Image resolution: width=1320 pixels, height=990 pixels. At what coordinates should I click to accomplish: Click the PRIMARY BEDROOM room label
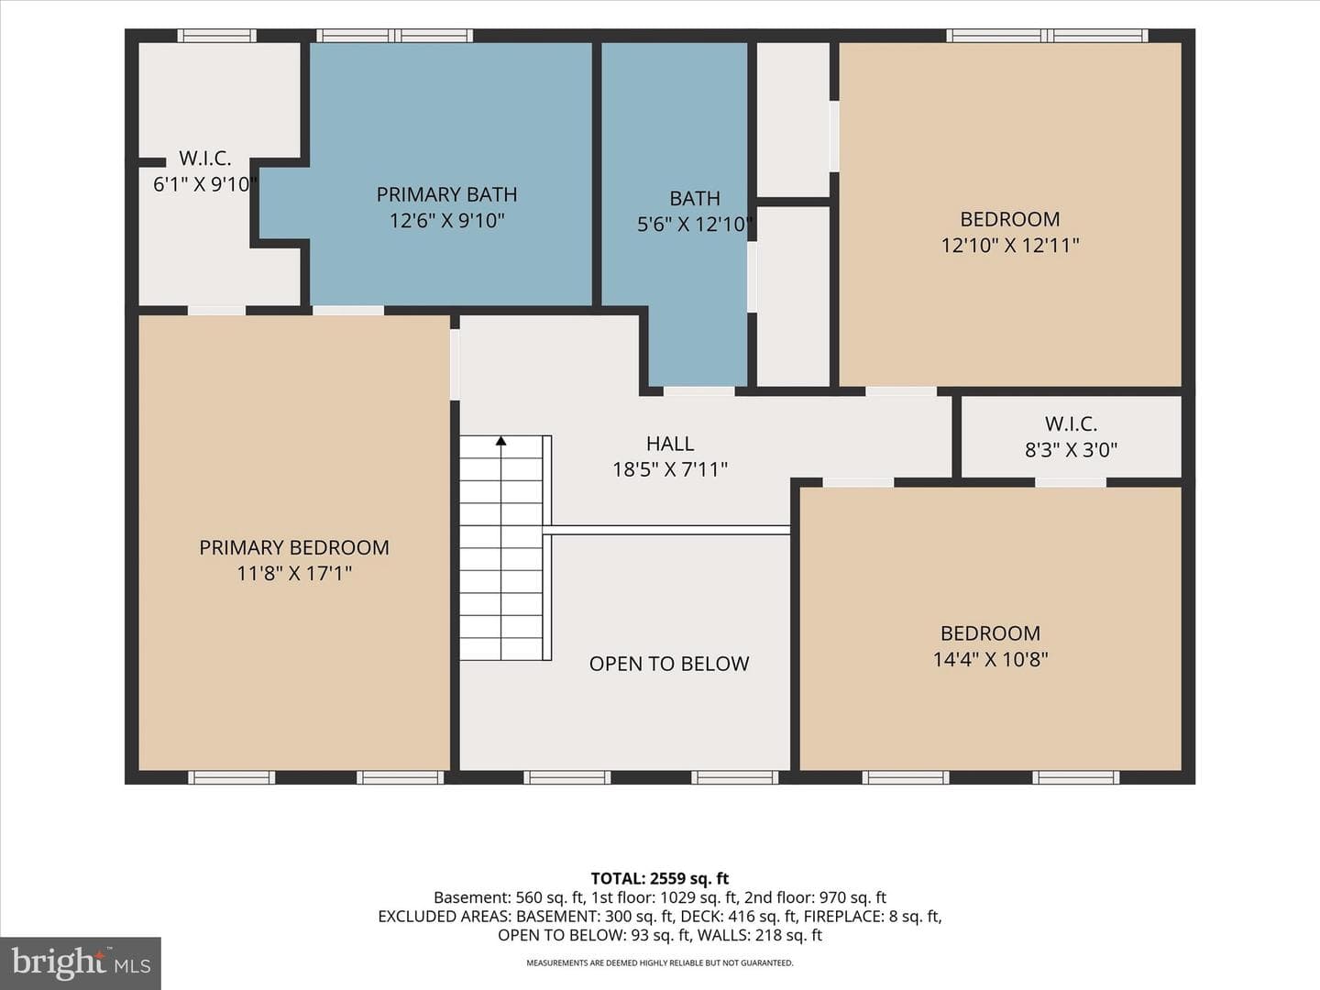coord(294,547)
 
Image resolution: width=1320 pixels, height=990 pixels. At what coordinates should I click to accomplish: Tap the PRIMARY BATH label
coord(446,194)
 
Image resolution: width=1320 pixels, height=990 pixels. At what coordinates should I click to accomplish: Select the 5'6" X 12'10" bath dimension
coord(695,225)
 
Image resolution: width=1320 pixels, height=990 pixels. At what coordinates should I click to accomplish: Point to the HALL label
coord(670,444)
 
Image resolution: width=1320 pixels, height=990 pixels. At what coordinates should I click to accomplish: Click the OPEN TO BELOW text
coord(669,664)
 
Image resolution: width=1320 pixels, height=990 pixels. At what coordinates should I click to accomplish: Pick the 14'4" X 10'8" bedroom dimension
coord(990,659)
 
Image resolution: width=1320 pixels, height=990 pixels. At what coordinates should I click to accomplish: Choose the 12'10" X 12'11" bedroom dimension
coord(1010,246)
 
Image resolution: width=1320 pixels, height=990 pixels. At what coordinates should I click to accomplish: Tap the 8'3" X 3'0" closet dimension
coord(1071,449)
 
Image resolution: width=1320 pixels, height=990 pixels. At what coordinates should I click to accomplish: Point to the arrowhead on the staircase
coord(500,441)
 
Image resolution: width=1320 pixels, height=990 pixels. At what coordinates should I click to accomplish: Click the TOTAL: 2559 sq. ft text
coord(660,879)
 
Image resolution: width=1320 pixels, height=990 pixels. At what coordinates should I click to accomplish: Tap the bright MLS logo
coord(81,963)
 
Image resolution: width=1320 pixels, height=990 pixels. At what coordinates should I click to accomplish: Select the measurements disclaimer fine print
coord(660,962)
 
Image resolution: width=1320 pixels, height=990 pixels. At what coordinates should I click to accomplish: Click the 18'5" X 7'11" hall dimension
coord(670,469)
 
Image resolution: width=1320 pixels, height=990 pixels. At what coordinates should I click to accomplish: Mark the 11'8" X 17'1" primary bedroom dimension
coord(294,574)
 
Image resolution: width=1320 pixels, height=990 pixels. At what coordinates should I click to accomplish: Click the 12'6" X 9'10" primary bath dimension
coord(446,221)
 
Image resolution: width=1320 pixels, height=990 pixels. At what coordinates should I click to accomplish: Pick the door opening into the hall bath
coord(698,391)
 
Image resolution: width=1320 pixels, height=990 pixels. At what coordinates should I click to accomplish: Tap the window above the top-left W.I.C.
coord(217,36)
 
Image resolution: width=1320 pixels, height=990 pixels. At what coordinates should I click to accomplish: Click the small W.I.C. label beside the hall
coord(1071,423)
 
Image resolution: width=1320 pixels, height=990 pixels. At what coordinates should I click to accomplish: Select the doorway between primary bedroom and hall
coord(456,364)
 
